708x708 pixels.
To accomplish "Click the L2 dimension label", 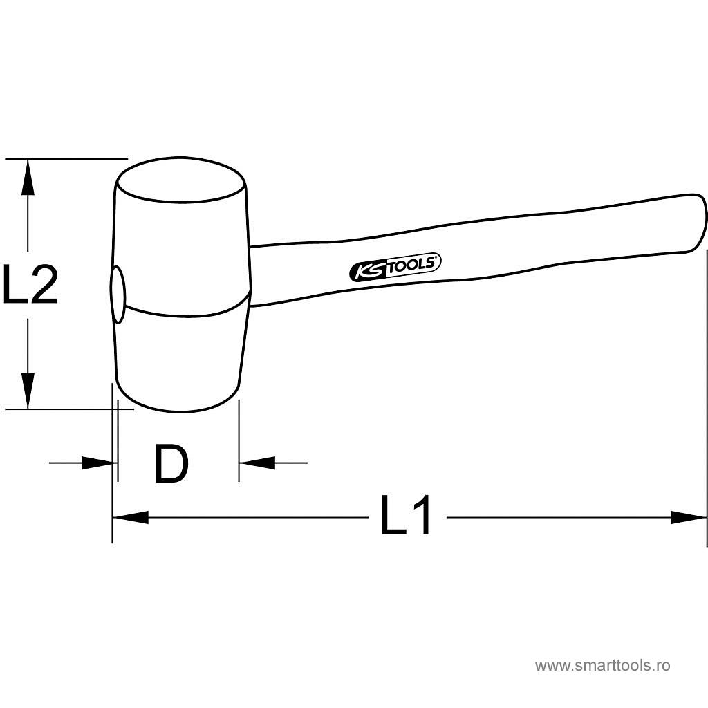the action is [x=30, y=284].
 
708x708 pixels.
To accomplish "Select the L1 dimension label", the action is [x=405, y=514].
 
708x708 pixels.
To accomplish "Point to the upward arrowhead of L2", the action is [x=28, y=178].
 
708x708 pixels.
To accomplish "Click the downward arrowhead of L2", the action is [x=28, y=391].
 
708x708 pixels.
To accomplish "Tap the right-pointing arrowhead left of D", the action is [x=97, y=463].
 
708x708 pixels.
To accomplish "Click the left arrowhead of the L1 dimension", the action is [x=131, y=517].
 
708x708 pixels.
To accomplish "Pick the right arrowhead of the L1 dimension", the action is [x=688, y=517].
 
